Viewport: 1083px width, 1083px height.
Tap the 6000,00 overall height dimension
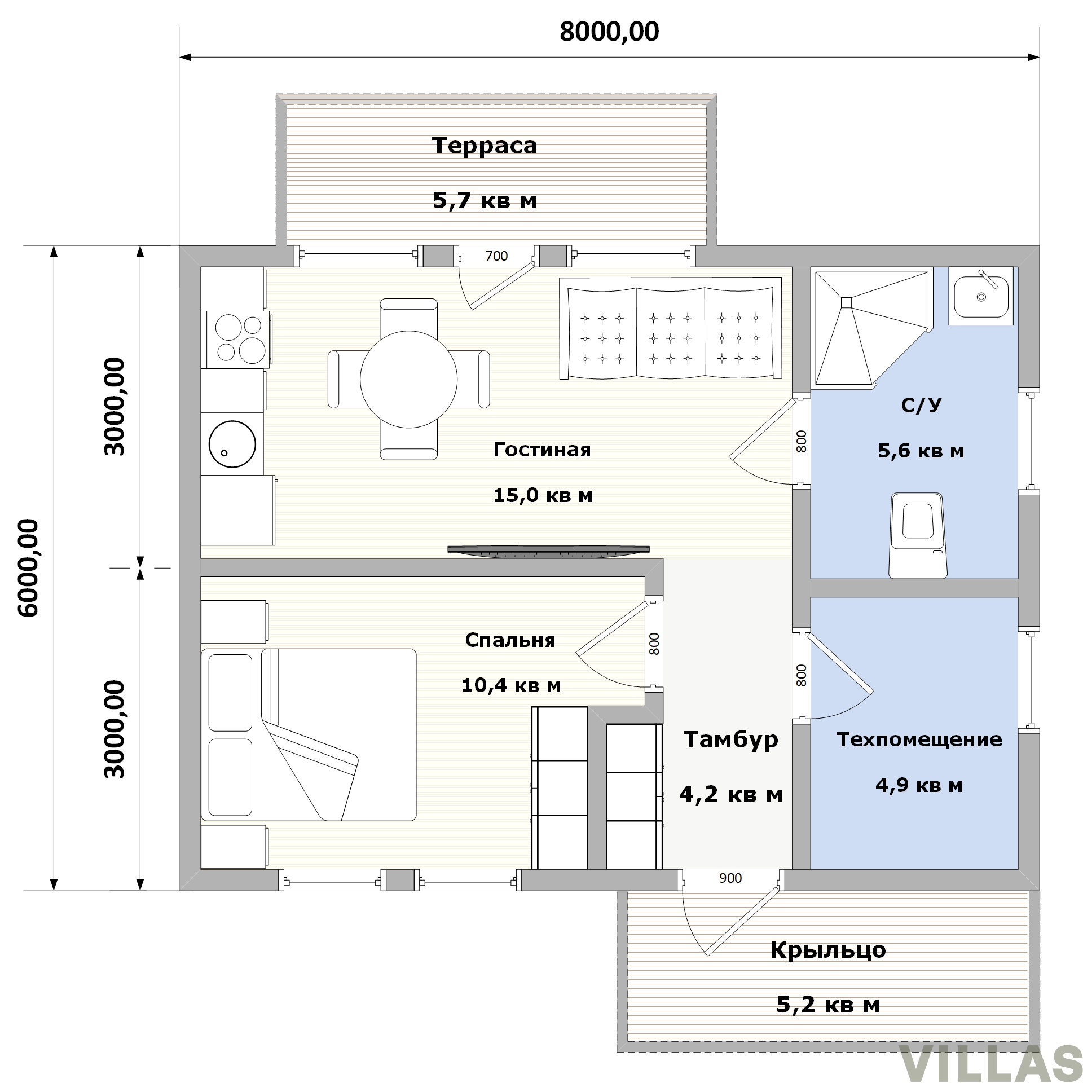pyautogui.click(x=28, y=568)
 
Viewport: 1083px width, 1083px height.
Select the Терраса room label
pyautogui.click(x=485, y=146)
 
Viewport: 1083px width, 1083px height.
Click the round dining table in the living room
pyautogui.click(x=408, y=379)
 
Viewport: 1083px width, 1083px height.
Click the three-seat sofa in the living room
pyautogui.click(x=671, y=328)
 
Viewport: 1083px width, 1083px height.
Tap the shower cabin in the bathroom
pyautogui.click(x=871, y=328)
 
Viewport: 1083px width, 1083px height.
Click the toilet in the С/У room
pyautogui.click(x=918, y=535)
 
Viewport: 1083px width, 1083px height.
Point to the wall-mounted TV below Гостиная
pyautogui.click(x=548, y=550)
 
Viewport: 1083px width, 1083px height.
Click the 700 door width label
pyautogui.click(x=496, y=256)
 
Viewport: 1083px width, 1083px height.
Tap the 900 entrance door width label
pyautogui.click(x=730, y=878)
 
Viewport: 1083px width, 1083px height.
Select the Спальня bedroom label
pyautogui.click(x=510, y=640)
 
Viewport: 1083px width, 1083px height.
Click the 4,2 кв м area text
pyautogui.click(x=731, y=794)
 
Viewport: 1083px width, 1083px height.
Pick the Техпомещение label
pyautogui.click(x=919, y=739)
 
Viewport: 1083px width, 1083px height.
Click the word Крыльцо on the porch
pyautogui.click(x=828, y=949)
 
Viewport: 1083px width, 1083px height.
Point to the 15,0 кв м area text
pyautogui.click(x=543, y=495)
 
